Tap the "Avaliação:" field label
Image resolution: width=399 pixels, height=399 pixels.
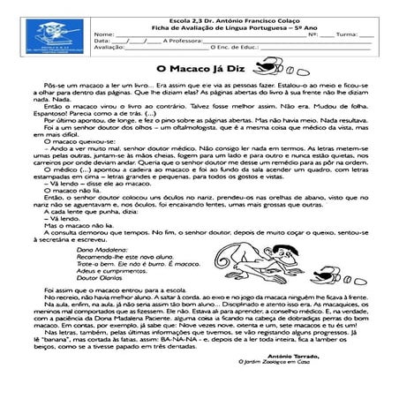tap(109, 48)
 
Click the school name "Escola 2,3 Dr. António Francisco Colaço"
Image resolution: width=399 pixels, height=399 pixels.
tap(221, 16)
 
